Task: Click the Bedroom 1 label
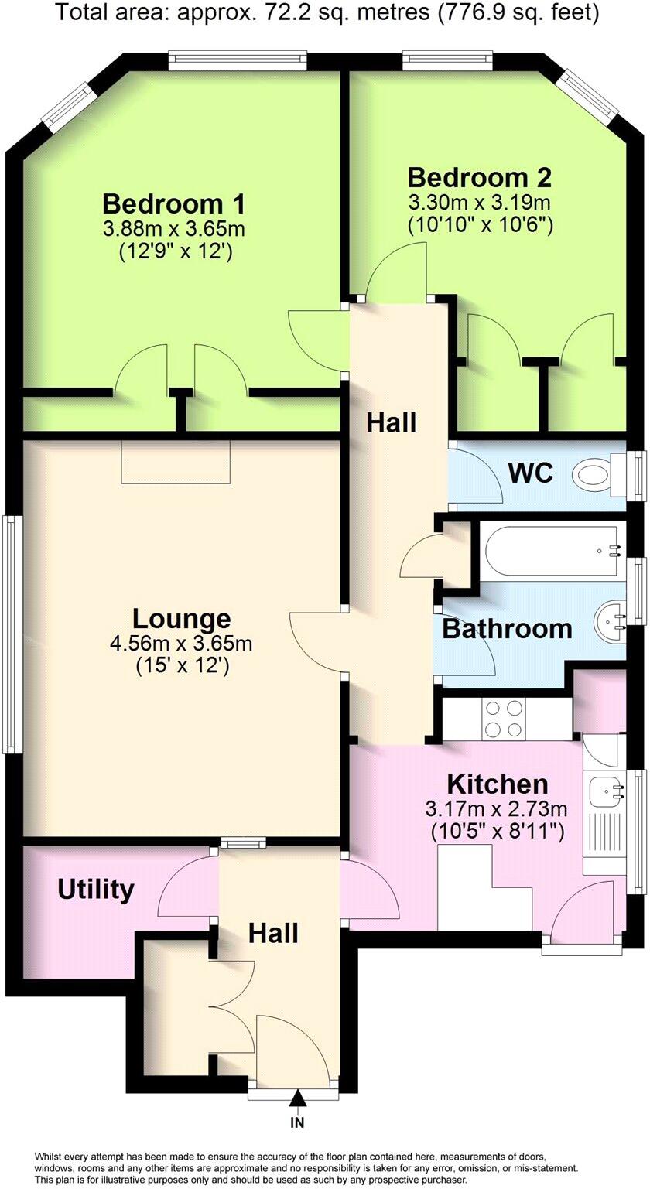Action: click(174, 204)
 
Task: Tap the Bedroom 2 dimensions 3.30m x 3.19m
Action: click(479, 203)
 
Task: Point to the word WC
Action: click(531, 473)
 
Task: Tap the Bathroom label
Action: click(507, 629)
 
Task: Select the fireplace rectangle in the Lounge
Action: click(176, 462)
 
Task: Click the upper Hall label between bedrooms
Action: click(391, 423)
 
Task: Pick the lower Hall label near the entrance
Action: click(273, 933)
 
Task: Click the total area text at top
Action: click(325, 13)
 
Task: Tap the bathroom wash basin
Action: click(611, 619)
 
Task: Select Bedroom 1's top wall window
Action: click(238, 60)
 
